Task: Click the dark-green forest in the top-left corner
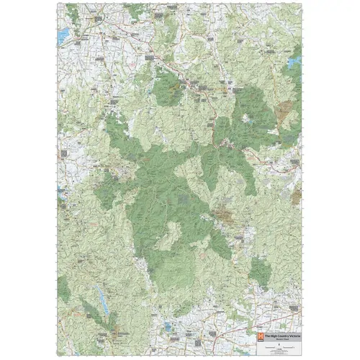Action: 71,12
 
